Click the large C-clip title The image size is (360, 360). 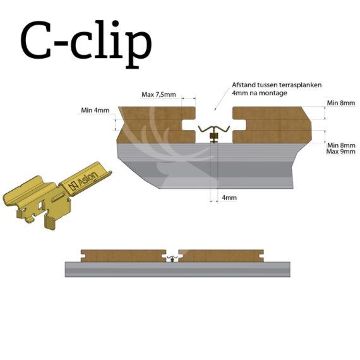tap(86, 44)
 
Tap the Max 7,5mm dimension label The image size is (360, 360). tap(159, 94)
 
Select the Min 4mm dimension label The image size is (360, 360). tap(95, 110)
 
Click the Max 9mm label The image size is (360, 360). tap(341, 152)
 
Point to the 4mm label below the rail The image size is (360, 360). tap(229, 198)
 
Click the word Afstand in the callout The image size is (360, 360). tap(243, 85)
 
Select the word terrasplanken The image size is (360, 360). tap(300, 85)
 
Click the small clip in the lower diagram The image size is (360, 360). tap(172, 258)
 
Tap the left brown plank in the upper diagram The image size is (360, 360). tap(156, 125)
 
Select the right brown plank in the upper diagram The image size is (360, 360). tap(272, 125)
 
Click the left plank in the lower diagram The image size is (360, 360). tap(123, 256)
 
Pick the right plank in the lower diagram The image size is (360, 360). tap(221, 256)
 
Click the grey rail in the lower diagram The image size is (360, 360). tap(177, 269)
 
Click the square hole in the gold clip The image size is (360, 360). tap(41, 205)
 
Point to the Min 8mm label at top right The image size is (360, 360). tap(341, 103)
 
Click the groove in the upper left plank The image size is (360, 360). tap(189, 125)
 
